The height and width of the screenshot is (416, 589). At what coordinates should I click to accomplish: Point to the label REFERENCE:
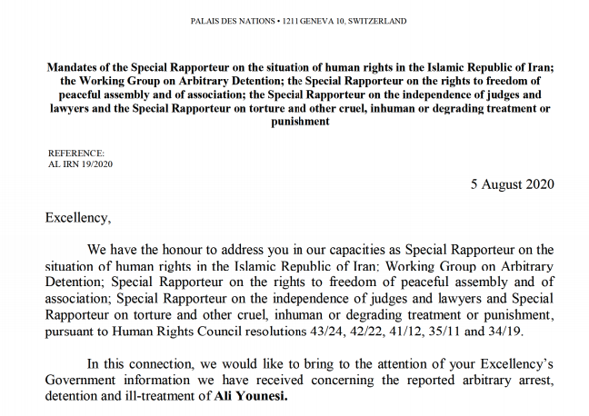pos(77,154)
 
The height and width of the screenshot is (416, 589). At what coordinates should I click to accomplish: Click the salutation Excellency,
pos(76,219)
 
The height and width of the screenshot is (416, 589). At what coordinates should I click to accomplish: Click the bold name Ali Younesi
pos(248,397)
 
